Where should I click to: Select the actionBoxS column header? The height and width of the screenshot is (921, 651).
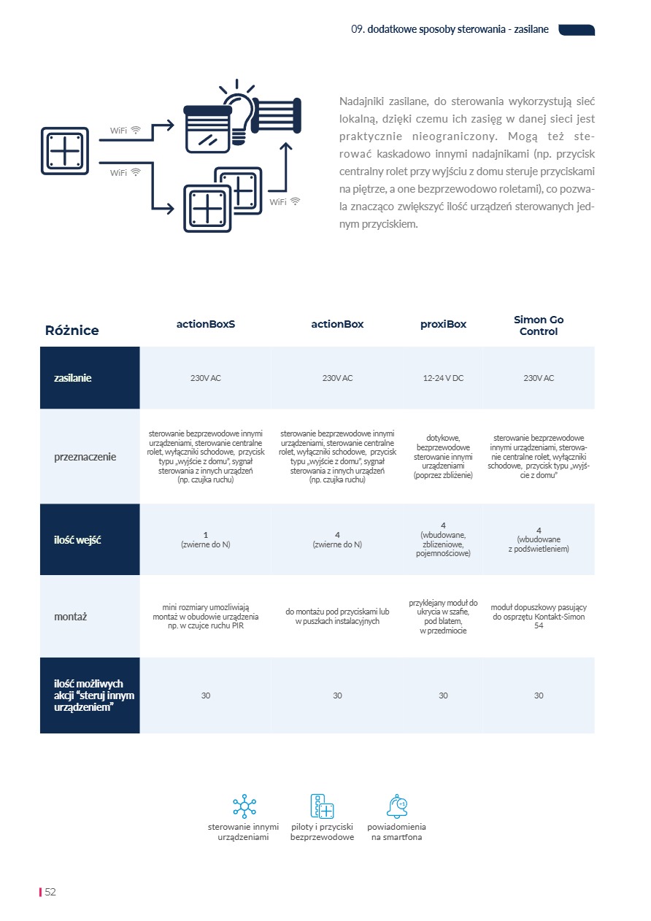click(x=206, y=324)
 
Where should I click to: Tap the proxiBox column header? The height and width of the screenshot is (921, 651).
click(x=443, y=324)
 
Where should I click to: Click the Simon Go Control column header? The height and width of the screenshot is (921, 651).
click(x=539, y=325)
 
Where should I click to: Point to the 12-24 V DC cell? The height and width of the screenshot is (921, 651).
click(x=443, y=378)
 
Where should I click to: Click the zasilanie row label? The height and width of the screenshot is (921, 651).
click(x=72, y=378)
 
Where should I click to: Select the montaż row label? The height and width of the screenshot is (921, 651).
click(x=70, y=617)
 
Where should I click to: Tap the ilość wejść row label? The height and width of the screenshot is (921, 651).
click(x=77, y=540)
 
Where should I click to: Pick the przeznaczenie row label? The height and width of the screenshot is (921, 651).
click(x=85, y=457)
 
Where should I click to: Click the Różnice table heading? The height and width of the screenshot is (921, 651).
click(x=72, y=330)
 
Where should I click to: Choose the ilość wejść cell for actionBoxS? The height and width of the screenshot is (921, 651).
click(x=206, y=539)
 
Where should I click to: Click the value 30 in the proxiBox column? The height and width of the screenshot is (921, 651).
click(x=443, y=695)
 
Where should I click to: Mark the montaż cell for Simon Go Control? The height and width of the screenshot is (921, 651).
click(x=539, y=616)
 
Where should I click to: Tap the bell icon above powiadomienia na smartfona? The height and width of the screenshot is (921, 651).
click(x=397, y=806)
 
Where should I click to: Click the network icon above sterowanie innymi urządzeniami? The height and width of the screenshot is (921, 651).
click(x=244, y=806)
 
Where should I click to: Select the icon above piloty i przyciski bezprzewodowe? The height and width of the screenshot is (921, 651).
click(x=322, y=806)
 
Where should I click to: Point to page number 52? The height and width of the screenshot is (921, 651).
click(x=50, y=892)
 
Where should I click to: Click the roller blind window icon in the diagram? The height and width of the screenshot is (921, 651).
click(x=208, y=129)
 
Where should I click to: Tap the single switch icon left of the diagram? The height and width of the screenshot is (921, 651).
click(x=65, y=151)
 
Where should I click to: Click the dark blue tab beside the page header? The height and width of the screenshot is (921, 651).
click(x=577, y=30)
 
